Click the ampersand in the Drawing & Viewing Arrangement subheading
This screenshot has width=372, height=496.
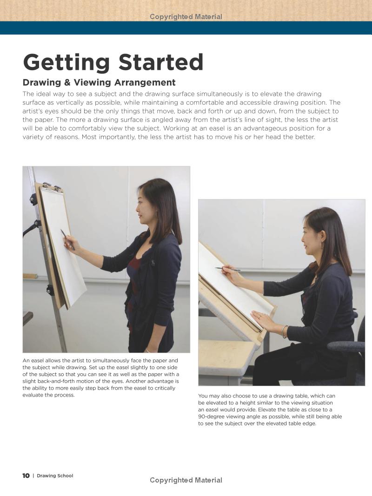pyautogui.click(x=65, y=83)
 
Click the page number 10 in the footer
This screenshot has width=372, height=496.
pyautogui.click(x=26, y=476)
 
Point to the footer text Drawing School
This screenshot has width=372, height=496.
pyautogui.click(x=55, y=476)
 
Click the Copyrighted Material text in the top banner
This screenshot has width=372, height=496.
pyautogui.click(x=186, y=17)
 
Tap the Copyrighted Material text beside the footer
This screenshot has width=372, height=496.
pyautogui.click(x=186, y=480)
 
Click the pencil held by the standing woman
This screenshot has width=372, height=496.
pyautogui.click(x=67, y=239)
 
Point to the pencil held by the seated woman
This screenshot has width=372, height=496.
pyautogui.click(x=227, y=269)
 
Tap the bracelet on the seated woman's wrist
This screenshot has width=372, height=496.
pyautogui.click(x=283, y=331)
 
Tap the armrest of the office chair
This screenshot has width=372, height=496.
pyautogui.click(x=346, y=346)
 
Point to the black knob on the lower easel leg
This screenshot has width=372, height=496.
pyautogui.click(x=50, y=290)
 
